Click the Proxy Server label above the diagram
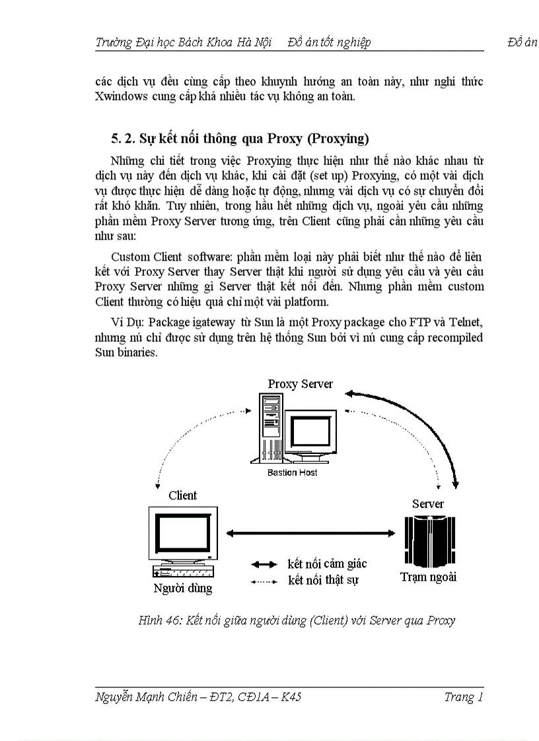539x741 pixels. click(300, 384)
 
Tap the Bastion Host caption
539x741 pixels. click(292, 472)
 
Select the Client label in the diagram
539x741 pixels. click(182, 496)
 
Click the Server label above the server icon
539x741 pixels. click(427, 503)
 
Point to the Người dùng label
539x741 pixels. click(183, 588)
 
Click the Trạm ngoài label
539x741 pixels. click(428, 577)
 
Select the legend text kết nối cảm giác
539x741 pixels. click(327, 564)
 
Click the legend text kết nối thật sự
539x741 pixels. click(323, 581)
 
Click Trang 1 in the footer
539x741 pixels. click(464, 697)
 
